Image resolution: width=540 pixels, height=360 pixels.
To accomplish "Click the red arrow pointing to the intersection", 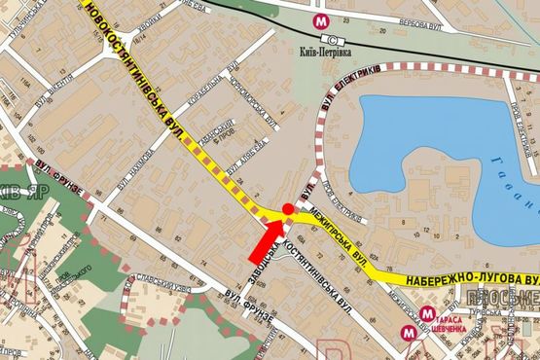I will point(266,241).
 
